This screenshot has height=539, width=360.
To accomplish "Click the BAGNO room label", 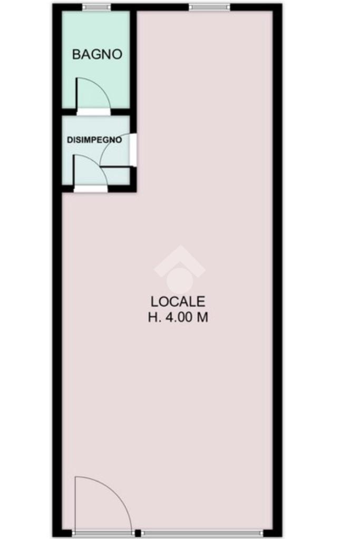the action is pos(97,54).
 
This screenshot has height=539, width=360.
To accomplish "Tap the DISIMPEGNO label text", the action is pos(94,140).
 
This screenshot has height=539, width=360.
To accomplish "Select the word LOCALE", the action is pos(178,301).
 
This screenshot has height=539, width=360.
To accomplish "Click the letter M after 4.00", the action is pos(202,317).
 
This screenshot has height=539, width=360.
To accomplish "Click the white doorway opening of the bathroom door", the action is pos(93,112).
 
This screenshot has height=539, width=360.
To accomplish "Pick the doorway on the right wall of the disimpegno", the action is pos(133,150).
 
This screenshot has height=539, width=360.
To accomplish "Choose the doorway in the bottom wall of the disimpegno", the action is pos(91,189).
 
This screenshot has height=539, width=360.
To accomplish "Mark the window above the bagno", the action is pos(96,7).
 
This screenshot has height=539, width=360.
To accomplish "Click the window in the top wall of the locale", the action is pos(209,7).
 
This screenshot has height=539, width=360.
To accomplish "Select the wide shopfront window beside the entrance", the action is pos(203,533).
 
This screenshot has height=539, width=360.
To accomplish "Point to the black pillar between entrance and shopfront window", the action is pos(138,533).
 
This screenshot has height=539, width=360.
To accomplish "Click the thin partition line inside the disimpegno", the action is pos(115,168).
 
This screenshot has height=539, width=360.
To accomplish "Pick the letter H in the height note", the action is pos(152,317).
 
